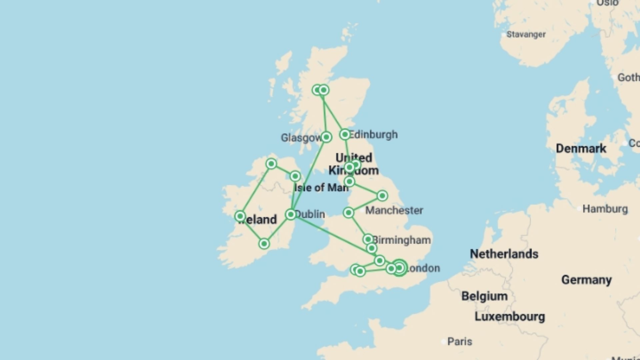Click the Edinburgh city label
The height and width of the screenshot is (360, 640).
[x=373, y=135]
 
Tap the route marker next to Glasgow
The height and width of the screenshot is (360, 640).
[x=326, y=137]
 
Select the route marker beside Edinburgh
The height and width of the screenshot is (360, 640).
[x=345, y=134]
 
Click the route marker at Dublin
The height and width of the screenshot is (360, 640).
[x=291, y=214]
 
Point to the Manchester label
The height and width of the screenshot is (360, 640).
[x=394, y=210]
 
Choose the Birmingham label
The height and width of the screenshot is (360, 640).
[x=402, y=240]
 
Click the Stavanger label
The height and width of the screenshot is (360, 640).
[x=526, y=34]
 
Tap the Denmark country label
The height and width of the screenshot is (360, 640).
[x=581, y=148]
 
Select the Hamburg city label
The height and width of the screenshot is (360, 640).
[x=605, y=209]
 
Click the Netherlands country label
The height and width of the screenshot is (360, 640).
[x=504, y=254]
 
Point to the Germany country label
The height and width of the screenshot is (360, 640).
[x=587, y=280]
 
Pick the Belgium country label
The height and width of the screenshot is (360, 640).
[x=485, y=296]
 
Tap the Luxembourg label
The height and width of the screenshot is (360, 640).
[x=510, y=316]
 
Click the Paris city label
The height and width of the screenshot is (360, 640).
[x=460, y=341]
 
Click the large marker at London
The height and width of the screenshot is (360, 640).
[x=399, y=268]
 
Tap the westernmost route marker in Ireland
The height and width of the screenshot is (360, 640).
[x=240, y=216]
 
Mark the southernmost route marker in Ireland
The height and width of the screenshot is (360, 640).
[x=264, y=244]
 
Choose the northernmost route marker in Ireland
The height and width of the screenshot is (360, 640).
[x=271, y=164]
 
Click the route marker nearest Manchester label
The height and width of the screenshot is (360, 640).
[x=349, y=212]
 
